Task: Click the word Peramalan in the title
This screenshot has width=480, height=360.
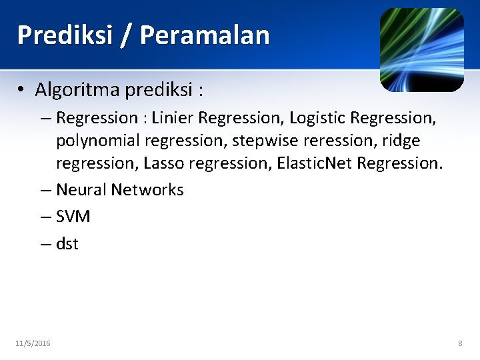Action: tap(205, 35)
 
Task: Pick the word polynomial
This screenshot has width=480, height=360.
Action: tap(97, 141)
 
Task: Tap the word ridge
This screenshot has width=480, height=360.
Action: tap(401, 141)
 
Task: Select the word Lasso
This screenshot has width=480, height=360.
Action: tap(162, 163)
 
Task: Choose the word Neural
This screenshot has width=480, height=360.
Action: tap(81, 190)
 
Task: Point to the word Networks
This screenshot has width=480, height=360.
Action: tap(147, 190)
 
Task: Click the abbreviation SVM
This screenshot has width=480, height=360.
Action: tap(73, 217)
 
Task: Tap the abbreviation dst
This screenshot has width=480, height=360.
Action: tap(67, 244)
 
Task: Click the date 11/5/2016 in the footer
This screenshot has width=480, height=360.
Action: tap(33, 343)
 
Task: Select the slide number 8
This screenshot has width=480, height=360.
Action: tap(460, 343)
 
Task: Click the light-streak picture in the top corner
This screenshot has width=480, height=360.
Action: tap(421, 50)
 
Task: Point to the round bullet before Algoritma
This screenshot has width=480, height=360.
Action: tap(22, 89)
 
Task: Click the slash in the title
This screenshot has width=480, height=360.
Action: tap(125, 35)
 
